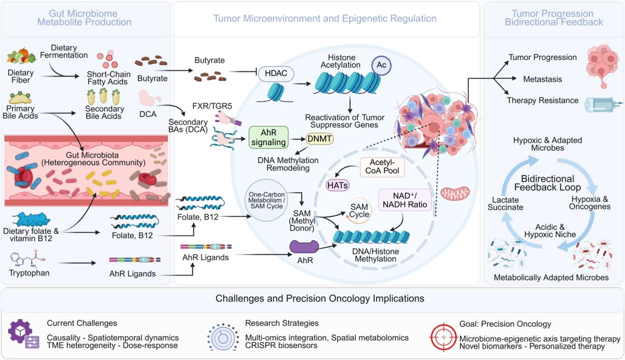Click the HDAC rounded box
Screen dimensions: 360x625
pyautogui.click(x=276, y=74)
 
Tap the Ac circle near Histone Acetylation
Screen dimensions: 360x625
pyautogui.click(x=381, y=65)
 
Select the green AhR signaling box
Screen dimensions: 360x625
pyautogui.click(x=269, y=137)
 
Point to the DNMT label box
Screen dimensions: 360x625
pyautogui.click(x=319, y=139)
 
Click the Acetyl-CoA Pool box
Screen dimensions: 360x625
pyautogui.click(x=382, y=167)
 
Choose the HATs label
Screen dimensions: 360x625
pyautogui.click(x=337, y=185)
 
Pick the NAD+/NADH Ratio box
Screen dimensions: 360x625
pyautogui.click(x=404, y=200)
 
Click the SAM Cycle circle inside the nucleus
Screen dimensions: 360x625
pyautogui.click(x=359, y=211)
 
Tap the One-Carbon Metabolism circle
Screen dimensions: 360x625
pyautogui.click(x=267, y=200)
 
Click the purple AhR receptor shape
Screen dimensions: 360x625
pyautogui.click(x=304, y=247)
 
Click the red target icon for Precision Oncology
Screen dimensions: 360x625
pyautogui.click(x=444, y=337)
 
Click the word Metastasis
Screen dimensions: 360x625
pyautogui.click(x=542, y=79)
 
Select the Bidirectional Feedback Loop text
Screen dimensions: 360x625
pyautogui.click(x=547, y=183)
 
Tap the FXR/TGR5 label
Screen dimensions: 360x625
pyautogui.click(x=212, y=106)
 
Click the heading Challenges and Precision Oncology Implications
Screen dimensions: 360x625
pyautogui.click(x=320, y=299)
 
